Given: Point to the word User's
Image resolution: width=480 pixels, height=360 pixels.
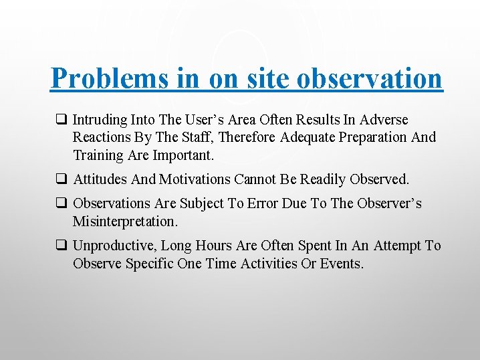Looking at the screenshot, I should (213, 120).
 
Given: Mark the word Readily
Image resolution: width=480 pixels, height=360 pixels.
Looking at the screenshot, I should (319, 179).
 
